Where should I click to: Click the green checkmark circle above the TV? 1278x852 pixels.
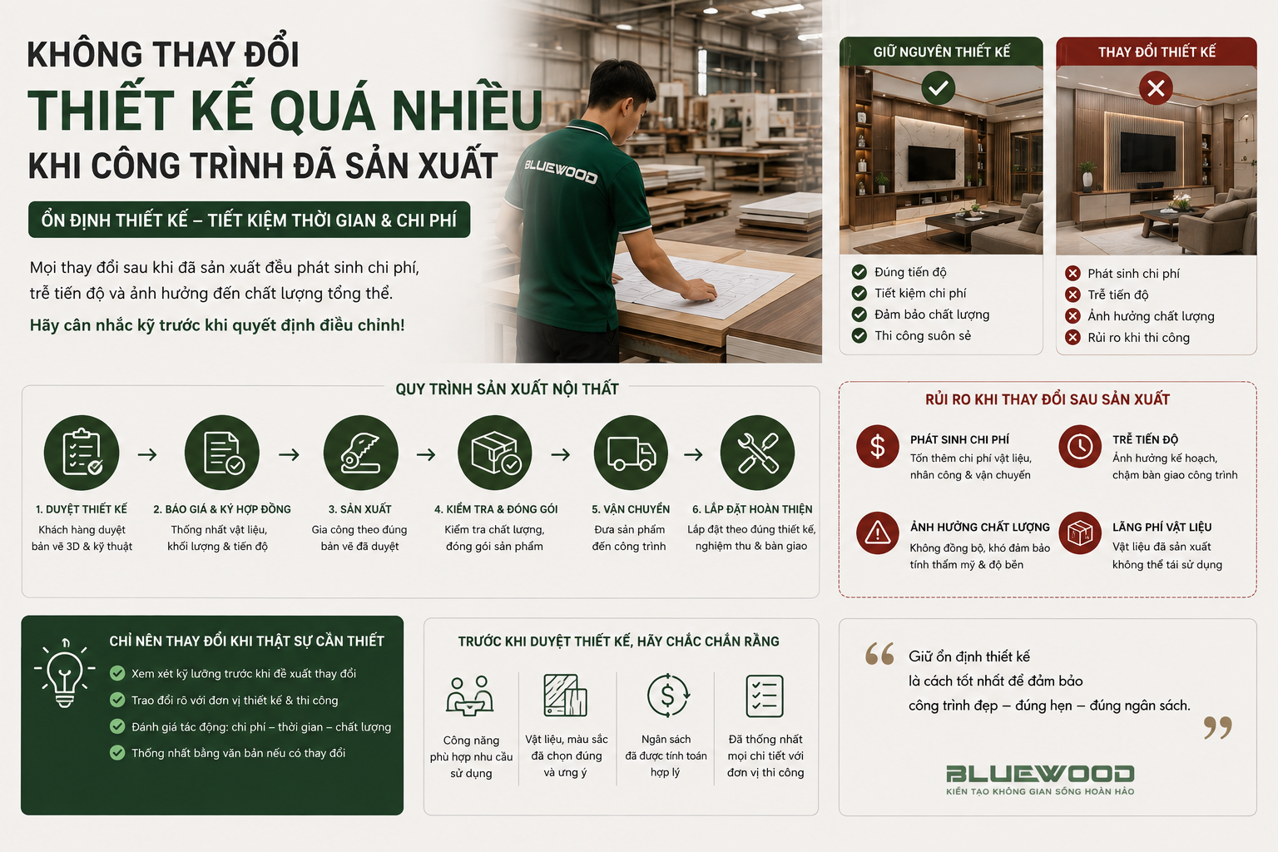click(938, 88)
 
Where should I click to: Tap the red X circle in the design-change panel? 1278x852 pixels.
click(1156, 88)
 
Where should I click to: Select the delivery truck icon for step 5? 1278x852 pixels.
click(631, 453)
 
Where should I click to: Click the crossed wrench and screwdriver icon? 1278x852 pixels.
click(757, 453)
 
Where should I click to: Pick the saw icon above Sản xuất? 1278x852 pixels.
click(360, 453)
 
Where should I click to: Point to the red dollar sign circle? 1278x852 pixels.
click(878, 446)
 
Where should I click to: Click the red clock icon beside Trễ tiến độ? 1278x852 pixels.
click(1080, 446)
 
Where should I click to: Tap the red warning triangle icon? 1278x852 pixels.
click(878, 533)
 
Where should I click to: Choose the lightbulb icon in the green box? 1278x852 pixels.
click(64, 673)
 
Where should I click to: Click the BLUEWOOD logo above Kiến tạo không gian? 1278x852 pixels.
click(1040, 774)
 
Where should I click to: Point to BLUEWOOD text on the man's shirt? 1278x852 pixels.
click(561, 171)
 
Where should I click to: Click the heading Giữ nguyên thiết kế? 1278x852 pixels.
click(941, 52)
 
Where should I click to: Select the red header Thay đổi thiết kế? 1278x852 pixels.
click(1157, 52)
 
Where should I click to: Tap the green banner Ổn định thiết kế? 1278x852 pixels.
click(250, 220)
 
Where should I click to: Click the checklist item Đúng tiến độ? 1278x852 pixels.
click(910, 272)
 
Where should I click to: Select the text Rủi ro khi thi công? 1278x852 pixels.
click(1138, 338)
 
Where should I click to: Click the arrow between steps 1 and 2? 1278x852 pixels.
click(148, 454)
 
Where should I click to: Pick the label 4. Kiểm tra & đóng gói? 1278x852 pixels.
click(496, 509)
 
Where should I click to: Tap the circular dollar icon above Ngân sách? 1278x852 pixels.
click(667, 696)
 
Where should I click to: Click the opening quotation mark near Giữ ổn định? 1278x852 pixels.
click(879, 654)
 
